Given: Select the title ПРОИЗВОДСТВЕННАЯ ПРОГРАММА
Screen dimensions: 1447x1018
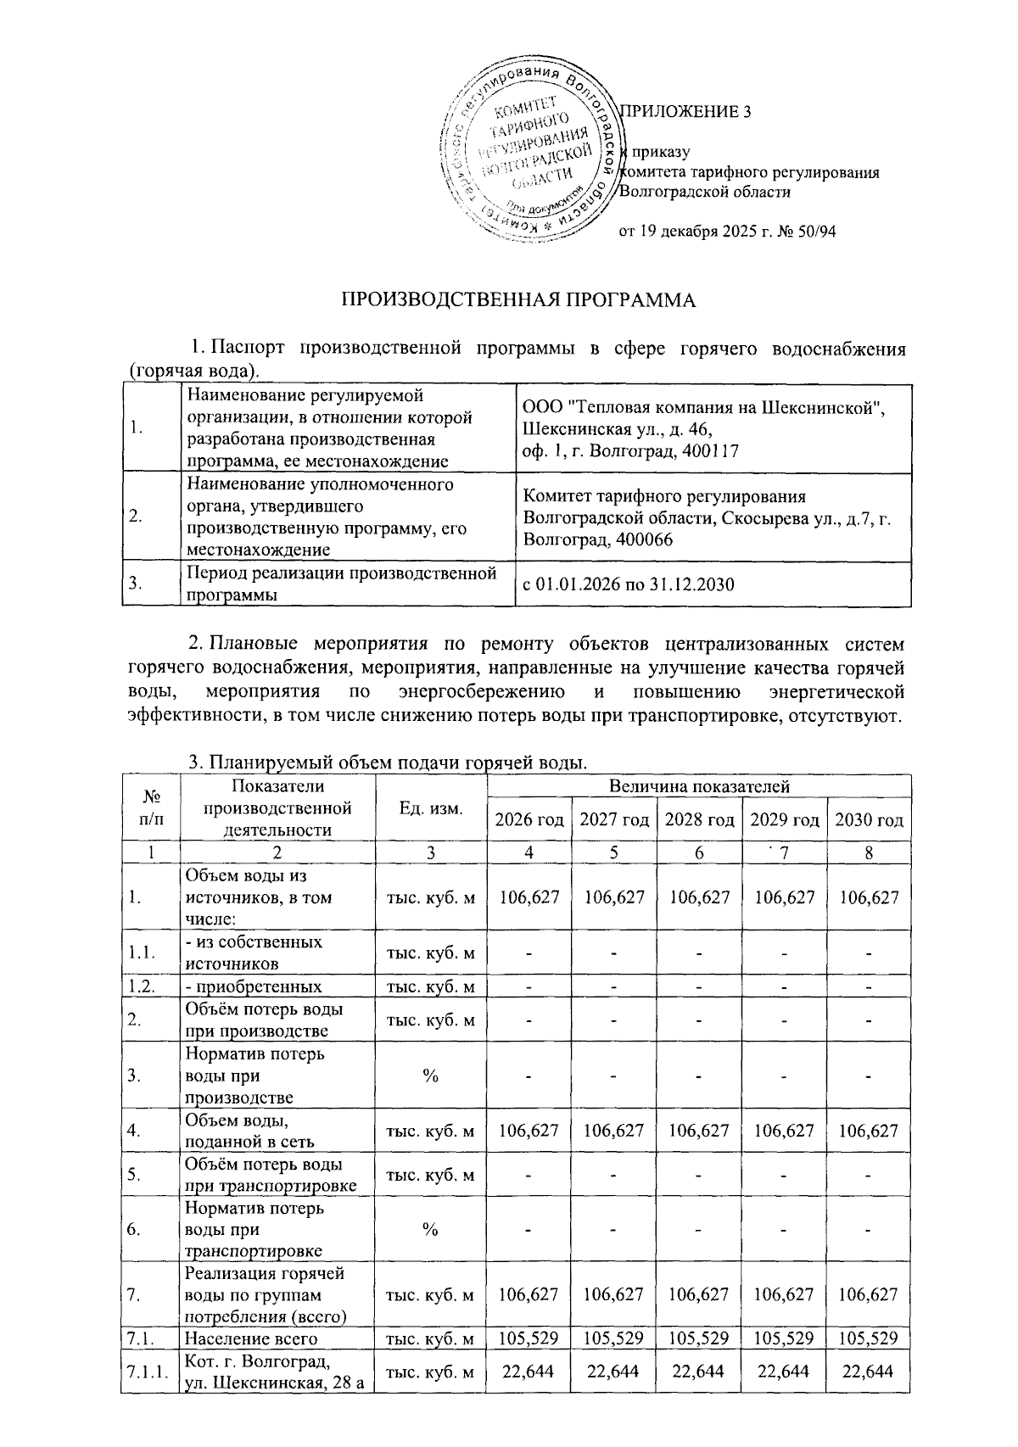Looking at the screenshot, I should (x=517, y=300).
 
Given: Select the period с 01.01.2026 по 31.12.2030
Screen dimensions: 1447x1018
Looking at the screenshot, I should (x=629, y=584).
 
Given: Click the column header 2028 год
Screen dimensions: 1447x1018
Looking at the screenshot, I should (x=699, y=819).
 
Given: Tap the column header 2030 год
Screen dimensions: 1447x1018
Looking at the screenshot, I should (x=869, y=819).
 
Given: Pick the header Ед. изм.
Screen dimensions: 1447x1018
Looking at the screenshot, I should (x=431, y=808).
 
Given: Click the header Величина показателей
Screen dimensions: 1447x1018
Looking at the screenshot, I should (x=699, y=786).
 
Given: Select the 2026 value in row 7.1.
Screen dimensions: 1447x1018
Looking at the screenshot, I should (x=529, y=1338).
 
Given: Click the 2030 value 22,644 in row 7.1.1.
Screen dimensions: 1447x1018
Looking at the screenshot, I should (x=869, y=1372).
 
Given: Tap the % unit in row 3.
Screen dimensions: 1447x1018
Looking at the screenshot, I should (x=430, y=1075).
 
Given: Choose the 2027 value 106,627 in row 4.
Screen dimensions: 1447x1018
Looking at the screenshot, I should (x=614, y=1130).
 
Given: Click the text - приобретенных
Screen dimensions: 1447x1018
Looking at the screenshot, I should (x=253, y=986).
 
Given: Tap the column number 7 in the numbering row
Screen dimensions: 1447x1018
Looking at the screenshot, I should (x=784, y=852).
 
